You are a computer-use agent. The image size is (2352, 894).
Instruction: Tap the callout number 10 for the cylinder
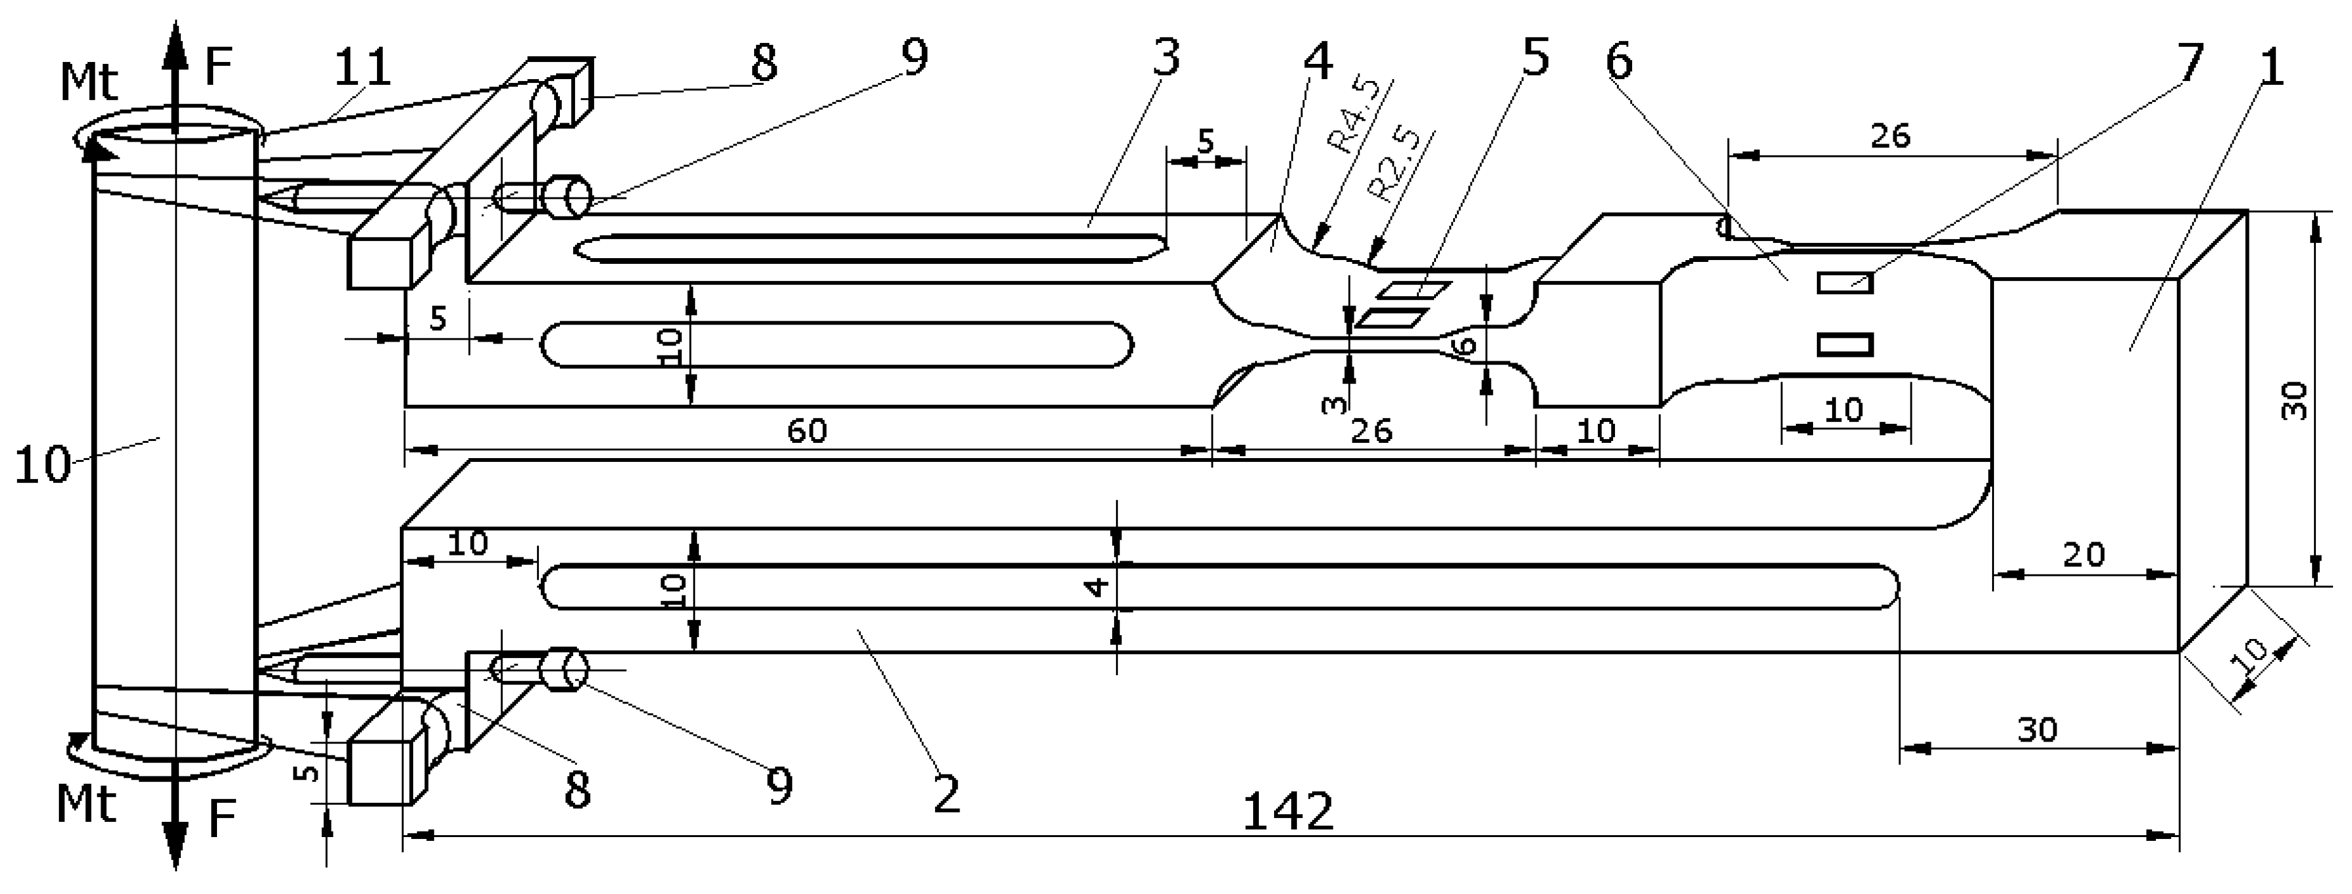[x=41, y=466]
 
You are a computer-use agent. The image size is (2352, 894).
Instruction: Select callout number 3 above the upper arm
[x=1165, y=56]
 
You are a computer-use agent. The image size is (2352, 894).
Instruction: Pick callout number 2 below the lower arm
[x=947, y=795]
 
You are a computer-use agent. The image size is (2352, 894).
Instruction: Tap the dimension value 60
[x=807, y=431]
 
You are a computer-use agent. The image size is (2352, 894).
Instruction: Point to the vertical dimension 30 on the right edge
[x=2294, y=400]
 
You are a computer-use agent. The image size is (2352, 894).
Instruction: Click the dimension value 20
[x=2084, y=554]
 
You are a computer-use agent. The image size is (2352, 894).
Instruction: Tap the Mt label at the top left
[x=89, y=82]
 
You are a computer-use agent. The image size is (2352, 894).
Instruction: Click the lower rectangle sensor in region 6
[x=1845, y=344]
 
